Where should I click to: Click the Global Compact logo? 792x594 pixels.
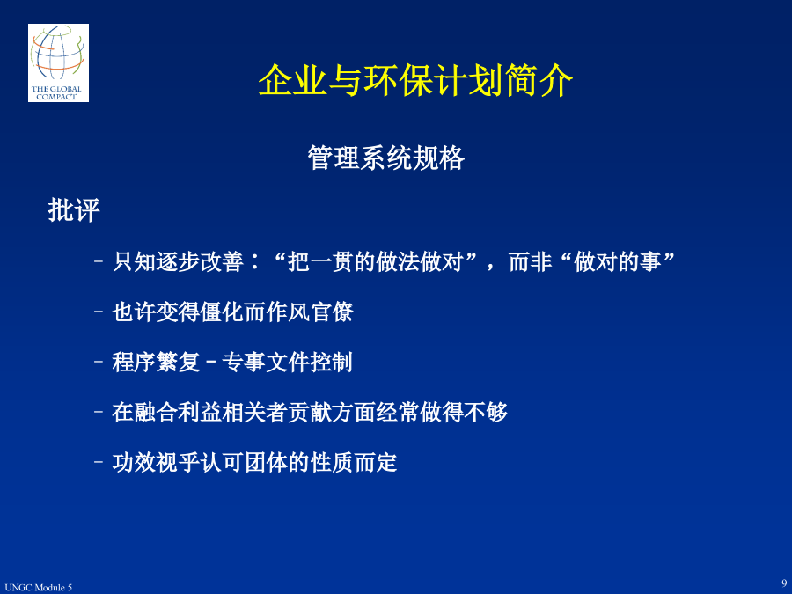point(59,63)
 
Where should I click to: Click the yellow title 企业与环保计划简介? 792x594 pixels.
point(415,80)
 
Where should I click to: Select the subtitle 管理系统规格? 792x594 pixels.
point(386,158)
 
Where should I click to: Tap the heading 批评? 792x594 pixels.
point(74,209)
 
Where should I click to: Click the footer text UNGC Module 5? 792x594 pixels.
point(39,588)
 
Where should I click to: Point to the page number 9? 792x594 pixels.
point(784,583)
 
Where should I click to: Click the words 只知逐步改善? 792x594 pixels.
point(179,261)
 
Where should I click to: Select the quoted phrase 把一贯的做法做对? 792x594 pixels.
point(375,261)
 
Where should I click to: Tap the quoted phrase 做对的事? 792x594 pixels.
point(617,261)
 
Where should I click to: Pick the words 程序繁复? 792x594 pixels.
point(156,363)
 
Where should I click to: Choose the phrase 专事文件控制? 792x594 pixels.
point(287,363)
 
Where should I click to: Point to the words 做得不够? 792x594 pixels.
point(464,412)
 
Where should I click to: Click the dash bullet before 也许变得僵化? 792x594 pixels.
point(99,312)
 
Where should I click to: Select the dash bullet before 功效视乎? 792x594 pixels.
point(99,462)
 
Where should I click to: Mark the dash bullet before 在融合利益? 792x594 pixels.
point(99,412)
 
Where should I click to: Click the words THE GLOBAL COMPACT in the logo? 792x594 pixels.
point(56,92)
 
